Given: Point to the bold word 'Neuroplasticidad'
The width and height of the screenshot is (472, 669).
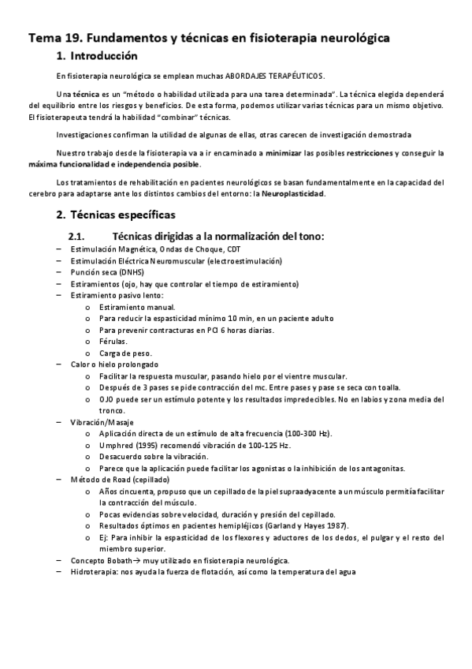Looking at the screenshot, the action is coord(290,194).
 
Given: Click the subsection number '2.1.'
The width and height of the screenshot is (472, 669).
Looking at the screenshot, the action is coord(81,236).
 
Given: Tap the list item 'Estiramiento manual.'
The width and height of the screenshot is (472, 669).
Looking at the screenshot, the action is coord(137,306).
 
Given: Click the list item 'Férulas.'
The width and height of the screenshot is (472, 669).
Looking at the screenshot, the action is coord(112,341).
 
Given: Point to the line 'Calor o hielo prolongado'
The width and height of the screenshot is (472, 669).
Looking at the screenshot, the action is coord(113,364).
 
